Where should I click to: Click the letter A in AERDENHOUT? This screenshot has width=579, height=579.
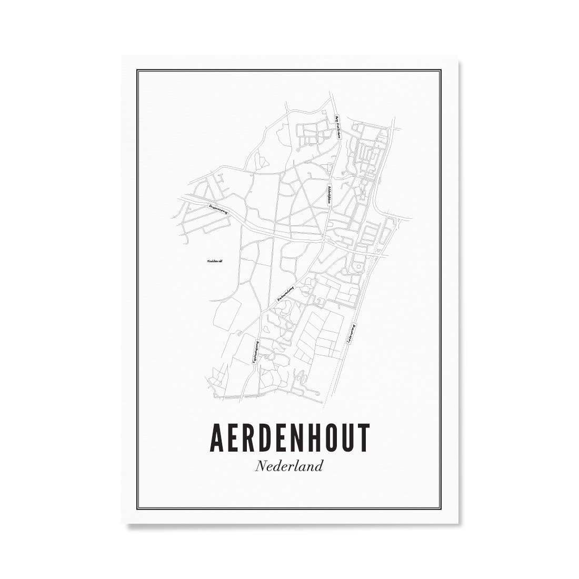(x=217, y=436)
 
